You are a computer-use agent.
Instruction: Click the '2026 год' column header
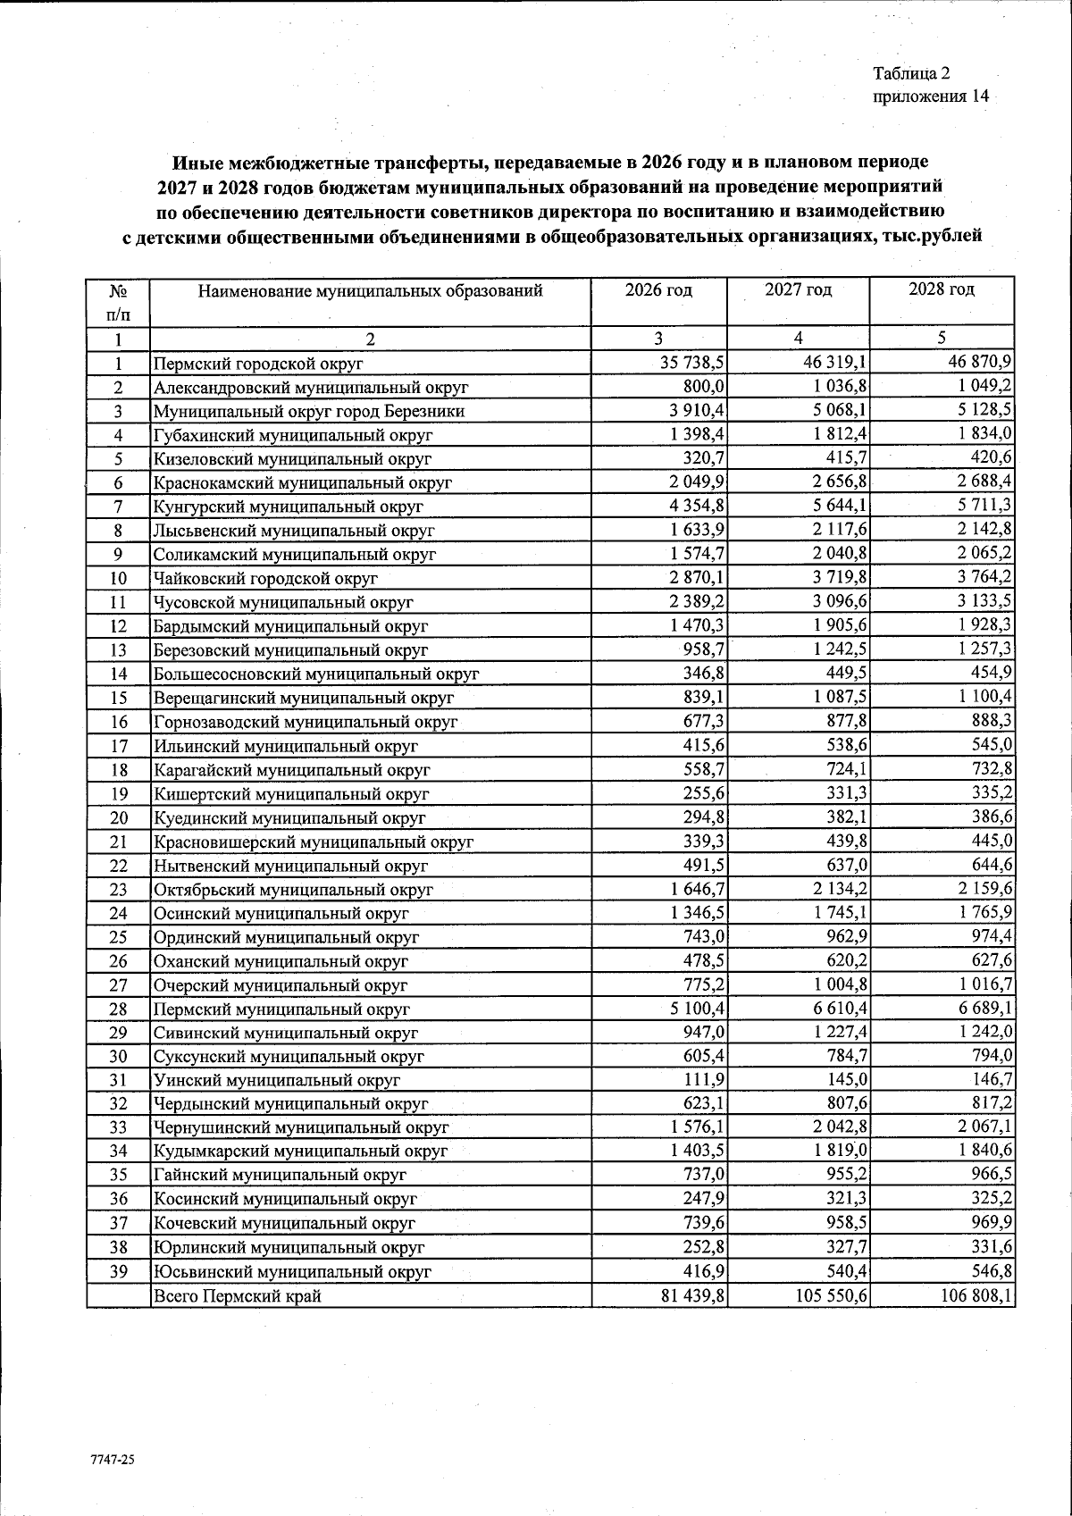tap(658, 290)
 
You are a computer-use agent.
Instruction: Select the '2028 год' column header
tap(942, 289)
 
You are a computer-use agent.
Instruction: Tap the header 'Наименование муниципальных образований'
tap(370, 291)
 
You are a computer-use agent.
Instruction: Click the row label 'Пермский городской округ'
tap(258, 364)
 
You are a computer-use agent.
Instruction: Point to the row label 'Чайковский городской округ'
tap(266, 578)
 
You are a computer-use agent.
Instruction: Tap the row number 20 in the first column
tap(119, 817)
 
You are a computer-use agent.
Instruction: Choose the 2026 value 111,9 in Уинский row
tap(705, 1079)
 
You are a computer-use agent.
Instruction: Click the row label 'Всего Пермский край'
tap(238, 1295)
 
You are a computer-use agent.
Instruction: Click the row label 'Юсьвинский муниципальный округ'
tap(292, 1271)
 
